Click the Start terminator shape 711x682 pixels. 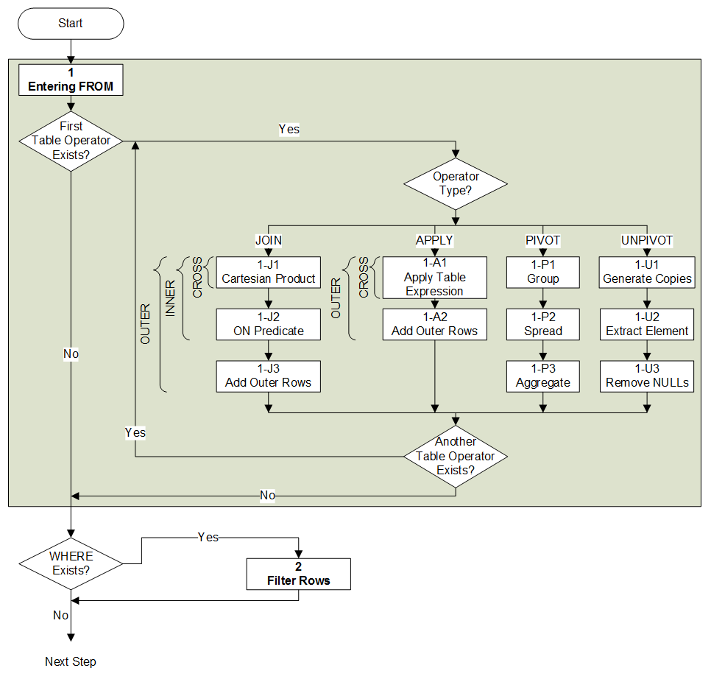pyautogui.click(x=71, y=24)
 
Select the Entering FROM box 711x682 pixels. pyautogui.click(x=71, y=80)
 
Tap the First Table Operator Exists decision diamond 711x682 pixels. pyautogui.click(x=71, y=141)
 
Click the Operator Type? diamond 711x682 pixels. pyautogui.click(x=456, y=184)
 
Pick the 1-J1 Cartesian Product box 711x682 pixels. pyautogui.click(x=269, y=273)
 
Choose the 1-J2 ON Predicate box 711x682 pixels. pyautogui.click(x=269, y=325)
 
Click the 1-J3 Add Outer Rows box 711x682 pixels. pyautogui.click(x=269, y=376)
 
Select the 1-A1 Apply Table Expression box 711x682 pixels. pyautogui.click(x=435, y=277)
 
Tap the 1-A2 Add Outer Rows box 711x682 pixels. pyautogui.click(x=435, y=325)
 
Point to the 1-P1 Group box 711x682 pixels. pyautogui.click(x=542, y=273)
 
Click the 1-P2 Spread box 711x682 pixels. pyautogui.click(x=542, y=325)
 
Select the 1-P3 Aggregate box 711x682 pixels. pyautogui.click(x=542, y=376)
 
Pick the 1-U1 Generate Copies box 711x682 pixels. pyautogui.click(x=647, y=273)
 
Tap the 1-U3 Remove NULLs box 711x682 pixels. pyautogui.click(x=647, y=376)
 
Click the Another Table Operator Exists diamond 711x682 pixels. pyautogui.click(x=456, y=456)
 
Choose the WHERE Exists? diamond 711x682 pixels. pyautogui.click(x=71, y=563)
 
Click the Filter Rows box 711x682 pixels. pyautogui.click(x=298, y=574)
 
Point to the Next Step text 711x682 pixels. pyautogui.click(x=71, y=661)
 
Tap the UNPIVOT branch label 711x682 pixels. pyautogui.click(x=647, y=241)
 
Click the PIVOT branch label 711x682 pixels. pyautogui.click(x=542, y=241)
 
